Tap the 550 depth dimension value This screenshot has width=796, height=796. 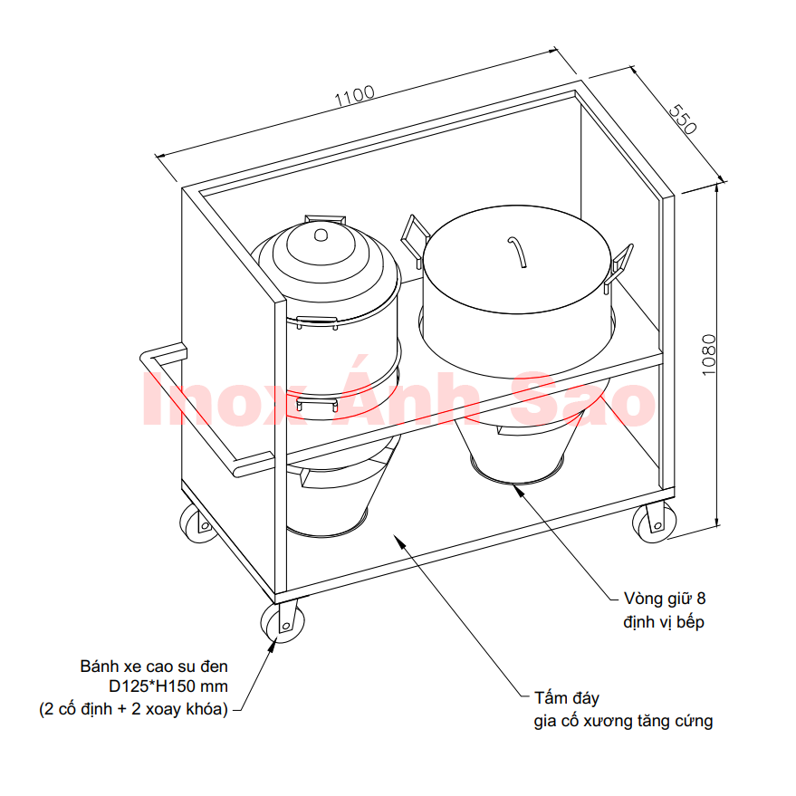(682, 120)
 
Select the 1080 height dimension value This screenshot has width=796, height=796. (709, 355)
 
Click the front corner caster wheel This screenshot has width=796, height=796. (283, 623)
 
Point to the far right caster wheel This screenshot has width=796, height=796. (654, 523)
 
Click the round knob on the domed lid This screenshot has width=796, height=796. (321, 235)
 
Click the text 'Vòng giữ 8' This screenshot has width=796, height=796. (665, 599)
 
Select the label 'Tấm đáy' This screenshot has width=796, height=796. (567, 698)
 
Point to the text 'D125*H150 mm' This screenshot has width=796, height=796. (168, 686)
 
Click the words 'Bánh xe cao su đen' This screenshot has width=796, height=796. (154, 666)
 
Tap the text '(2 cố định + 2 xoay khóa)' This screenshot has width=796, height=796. (133, 709)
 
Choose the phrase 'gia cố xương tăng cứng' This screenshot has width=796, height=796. (623, 722)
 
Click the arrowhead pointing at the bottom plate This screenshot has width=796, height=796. (400, 542)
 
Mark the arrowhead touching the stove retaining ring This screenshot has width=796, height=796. (519, 491)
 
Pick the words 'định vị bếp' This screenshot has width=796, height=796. (664, 622)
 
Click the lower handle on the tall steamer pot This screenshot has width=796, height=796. (317, 404)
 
